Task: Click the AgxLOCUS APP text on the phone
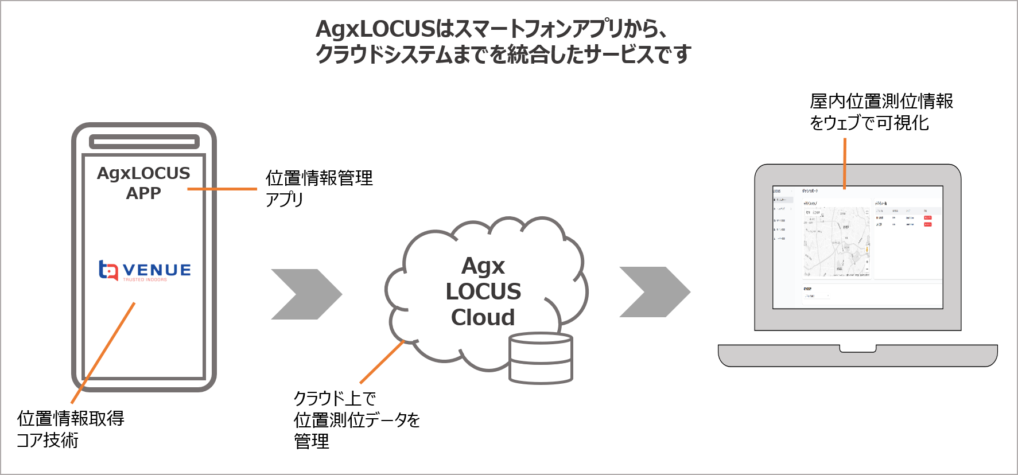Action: click(x=143, y=182)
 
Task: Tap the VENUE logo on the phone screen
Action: click(x=145, y=270)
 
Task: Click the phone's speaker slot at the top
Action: click(x=144, y=141)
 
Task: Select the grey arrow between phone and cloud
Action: click(x=306, y=294)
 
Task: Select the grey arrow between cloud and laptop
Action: click(x=654, y=292)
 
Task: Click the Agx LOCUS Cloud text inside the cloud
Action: click(x=483, y=291)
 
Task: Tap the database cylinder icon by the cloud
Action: click(x=541, y=358)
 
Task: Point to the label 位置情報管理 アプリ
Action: click(x=318, y=188)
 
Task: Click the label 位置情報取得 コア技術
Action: click(x=70, y=429)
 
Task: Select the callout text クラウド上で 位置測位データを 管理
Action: click(x=356, y=419)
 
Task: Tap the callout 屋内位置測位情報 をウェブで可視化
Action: click(x=881, y=112)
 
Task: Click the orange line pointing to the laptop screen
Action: click(x=845, y=163)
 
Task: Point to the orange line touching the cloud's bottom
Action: click(x=382, y=362)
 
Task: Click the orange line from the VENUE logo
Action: click(x=103, y=352)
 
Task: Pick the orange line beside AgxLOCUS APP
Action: click(x=222, y=189)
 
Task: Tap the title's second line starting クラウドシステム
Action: click(x=503, y=54)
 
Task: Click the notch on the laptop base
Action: click(x=858, y=349)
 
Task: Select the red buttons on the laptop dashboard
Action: click(x=928, y=221)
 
